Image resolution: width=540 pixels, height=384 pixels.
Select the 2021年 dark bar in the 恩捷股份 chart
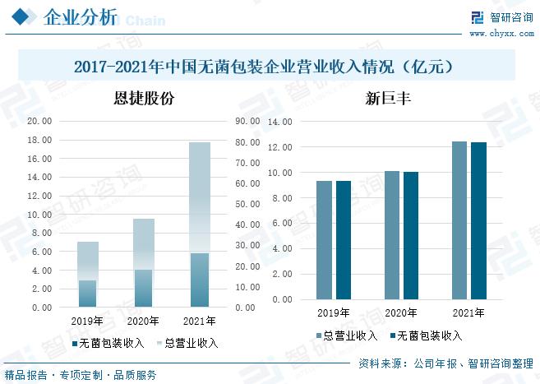[x=200, y=280]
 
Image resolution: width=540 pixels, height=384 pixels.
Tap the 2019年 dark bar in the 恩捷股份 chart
[x=88, y=294]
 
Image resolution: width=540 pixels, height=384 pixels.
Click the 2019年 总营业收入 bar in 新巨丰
[x=325, y=240]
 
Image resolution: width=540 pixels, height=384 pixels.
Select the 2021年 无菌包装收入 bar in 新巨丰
[x=478, y=220]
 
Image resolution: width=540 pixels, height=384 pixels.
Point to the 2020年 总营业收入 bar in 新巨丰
[x=392, y=235]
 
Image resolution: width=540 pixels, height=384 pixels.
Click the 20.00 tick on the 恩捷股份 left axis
[x=39, y=120]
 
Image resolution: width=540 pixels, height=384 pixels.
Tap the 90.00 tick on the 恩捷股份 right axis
[x=247, y=120]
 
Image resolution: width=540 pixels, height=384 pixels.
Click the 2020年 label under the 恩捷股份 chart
[x=144, y=321]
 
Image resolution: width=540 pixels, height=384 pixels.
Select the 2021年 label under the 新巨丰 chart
[x=468, y=313]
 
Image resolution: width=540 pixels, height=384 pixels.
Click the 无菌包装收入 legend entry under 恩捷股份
[x=108, y=343]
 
